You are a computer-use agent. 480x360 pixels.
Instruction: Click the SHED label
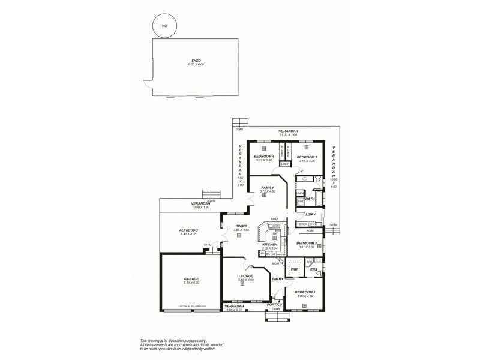(196, 60)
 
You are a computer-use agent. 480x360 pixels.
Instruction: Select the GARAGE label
(191, 278)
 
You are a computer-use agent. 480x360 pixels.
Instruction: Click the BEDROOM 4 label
(263, 156)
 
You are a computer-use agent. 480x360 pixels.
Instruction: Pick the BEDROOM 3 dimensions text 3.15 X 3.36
(307, 160)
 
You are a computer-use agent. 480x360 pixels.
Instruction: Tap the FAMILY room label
(267, 187)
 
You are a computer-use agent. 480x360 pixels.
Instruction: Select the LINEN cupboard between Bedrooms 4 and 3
(285, 163)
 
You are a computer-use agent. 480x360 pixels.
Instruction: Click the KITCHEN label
(270, 244)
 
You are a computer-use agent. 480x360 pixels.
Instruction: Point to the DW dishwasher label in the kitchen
(275, 235)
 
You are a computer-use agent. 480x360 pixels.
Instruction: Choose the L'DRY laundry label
(311, 214)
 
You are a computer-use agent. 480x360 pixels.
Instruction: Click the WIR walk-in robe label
(295, 269)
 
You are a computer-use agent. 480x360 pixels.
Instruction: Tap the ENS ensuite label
(313, 269)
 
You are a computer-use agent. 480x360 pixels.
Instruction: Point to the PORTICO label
(274, 304)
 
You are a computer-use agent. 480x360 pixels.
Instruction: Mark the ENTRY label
(277, 279)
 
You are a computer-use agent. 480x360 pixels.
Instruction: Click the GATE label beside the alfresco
(207, 244)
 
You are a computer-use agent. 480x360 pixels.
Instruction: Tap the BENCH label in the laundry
(302, 224)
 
